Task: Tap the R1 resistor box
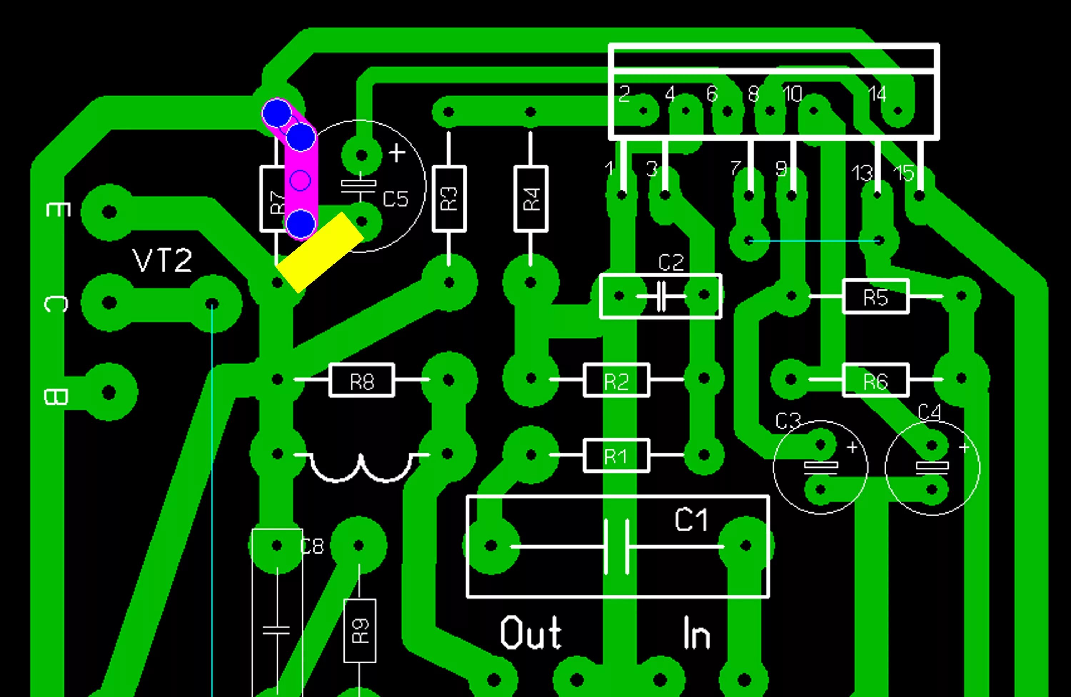point(616,455)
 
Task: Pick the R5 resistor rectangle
point(875,297)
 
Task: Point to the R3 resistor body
point(449,198)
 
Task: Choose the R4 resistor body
point(531,198)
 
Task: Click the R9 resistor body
point(359,630)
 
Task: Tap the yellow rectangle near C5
point(320,252)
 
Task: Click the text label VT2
point(162,261)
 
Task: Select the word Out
point(531,633)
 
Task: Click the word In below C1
point(696,633)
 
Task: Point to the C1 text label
point(691,520)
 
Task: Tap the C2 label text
point(670,263)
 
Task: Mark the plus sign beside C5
point(397,153)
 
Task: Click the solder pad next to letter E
point(109,212)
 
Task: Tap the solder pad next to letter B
point(109,392)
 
